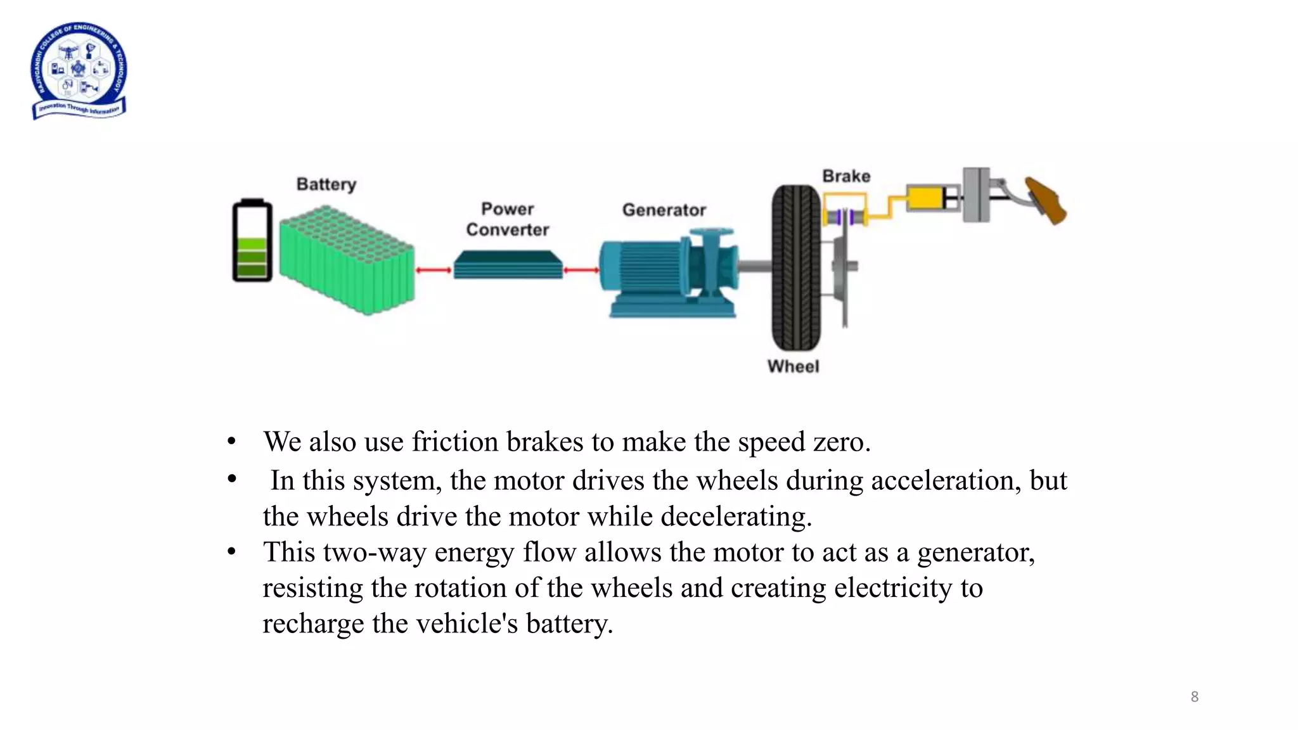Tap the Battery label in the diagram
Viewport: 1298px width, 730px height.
326,184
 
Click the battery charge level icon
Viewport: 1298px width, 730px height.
252,241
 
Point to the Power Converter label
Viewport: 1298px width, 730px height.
508,219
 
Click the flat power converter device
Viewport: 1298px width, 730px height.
508,264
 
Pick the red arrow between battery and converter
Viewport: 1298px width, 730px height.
434,271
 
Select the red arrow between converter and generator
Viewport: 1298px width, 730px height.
581,271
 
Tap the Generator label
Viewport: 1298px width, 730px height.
664,210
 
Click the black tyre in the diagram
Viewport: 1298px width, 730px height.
796,267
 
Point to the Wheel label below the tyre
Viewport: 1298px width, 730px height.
793,366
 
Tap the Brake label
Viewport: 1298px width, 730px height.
846,176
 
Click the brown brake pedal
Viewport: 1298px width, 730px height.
1046,200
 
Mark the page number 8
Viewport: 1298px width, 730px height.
1195,697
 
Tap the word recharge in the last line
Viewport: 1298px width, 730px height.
314,624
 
